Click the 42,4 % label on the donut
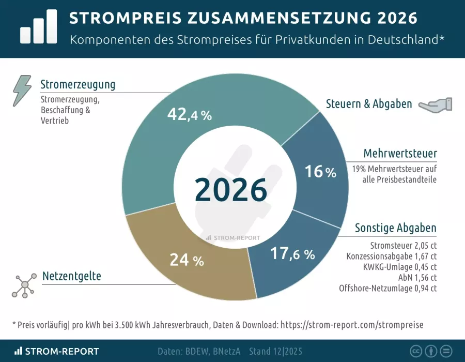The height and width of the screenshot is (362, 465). (190, 115)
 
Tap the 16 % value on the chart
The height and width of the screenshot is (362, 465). (320, 172)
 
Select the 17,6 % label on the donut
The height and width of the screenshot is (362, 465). (292, 253)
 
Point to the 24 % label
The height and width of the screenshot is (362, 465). (187, 260)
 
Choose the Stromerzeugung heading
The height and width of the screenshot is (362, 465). (78, 84)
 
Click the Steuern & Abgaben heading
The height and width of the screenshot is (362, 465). (369, 104)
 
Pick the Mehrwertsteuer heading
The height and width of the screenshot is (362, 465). (400, 154)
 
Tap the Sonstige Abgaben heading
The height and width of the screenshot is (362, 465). (396, 228)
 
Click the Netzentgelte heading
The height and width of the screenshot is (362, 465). (71, 276)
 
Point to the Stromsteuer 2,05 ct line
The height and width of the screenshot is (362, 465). (404, 245)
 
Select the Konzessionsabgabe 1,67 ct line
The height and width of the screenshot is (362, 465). (392, 256)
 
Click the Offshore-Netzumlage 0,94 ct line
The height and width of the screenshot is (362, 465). (388, 289)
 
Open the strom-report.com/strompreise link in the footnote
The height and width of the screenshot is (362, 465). (351, 325)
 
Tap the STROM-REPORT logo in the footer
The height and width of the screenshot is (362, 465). (57, 351)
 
